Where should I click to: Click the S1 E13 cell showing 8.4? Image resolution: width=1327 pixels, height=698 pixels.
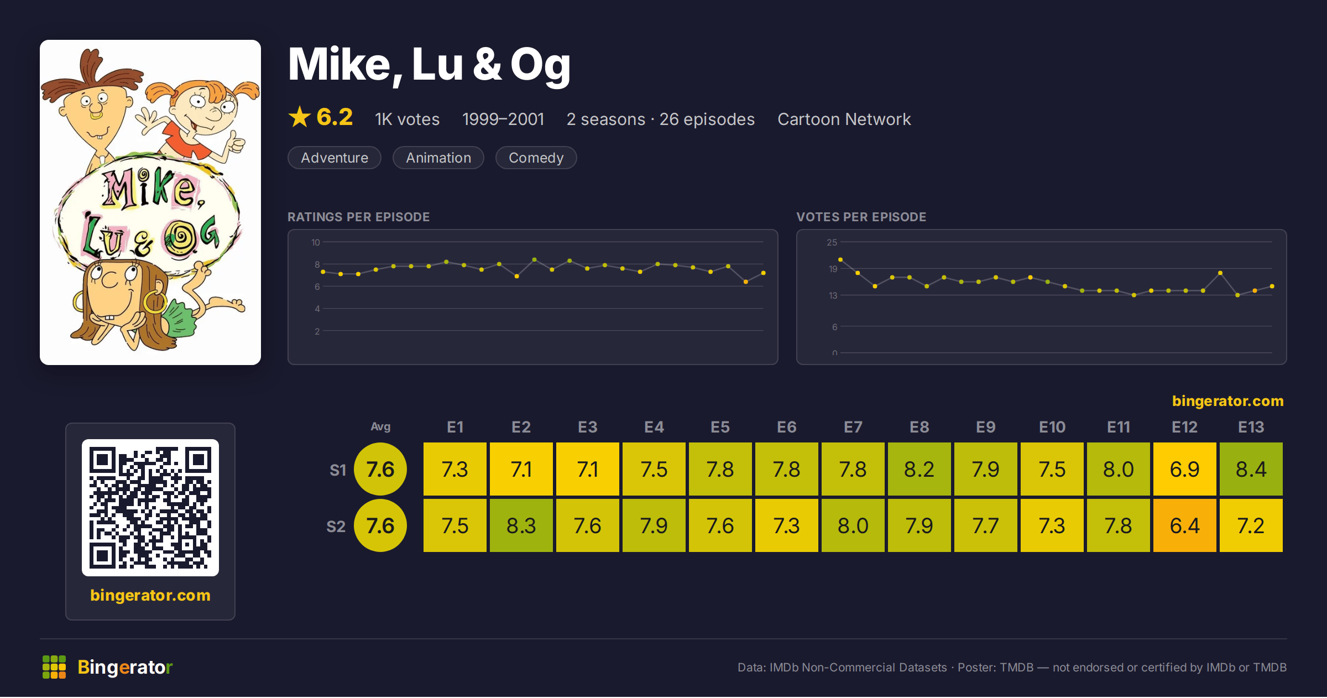(x=1251, y=469)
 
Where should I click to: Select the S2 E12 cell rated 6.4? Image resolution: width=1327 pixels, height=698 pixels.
(x=1184, y=525)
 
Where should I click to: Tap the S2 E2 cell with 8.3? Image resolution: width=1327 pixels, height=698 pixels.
(x=521, y=525)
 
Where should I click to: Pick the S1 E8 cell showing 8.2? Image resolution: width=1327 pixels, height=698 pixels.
(x=919, y=469)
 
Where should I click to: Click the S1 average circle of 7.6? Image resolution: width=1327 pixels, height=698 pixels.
(x=380, y=469)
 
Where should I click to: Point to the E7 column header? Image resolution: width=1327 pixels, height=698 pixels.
(x=853, y=427)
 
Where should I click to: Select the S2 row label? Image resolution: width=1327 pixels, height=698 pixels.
(x=336, y=526)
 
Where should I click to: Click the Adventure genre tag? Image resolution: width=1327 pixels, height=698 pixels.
(x=335, y=158)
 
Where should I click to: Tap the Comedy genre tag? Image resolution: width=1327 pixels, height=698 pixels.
(x=536, y=158)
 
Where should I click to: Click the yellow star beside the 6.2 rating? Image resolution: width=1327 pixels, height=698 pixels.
(x=300, y=117)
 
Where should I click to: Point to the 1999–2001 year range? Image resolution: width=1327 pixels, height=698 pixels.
(x=503, y=119)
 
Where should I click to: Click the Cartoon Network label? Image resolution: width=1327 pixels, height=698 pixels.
(x=844, y=119)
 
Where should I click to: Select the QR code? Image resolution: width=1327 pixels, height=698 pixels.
(x=150, y=508)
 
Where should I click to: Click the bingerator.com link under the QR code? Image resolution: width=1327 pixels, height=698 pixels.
(x=150, y=595)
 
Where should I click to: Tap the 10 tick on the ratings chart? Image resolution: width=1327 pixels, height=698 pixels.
(x=316, y=242)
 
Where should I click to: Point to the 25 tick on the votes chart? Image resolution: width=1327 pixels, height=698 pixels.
(x=832, y=242)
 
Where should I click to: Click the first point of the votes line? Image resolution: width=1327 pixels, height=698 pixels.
(x=840, y=259)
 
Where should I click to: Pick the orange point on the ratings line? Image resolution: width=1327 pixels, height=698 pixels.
(x=746, y=282)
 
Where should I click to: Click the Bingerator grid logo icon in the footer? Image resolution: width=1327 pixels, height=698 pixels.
(x=54, y=667)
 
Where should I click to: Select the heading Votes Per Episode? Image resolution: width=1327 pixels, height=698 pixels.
(x=861, y=217)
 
